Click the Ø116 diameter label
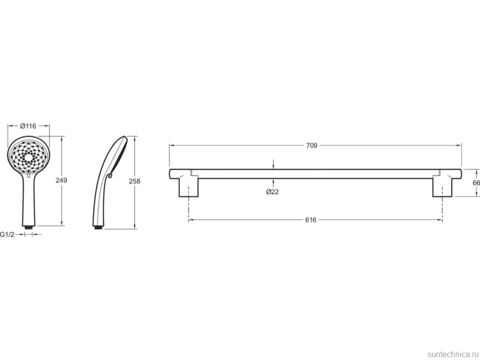click(x=28, y=126)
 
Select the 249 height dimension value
click(x=61, y=180)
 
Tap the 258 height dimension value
click(x=135, y=181)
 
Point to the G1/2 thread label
click(x=7, y=234)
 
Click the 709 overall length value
click(x=312, y=145)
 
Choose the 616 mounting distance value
click(x=311, y=220)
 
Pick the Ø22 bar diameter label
click(x=273, y=192)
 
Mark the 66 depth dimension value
click(x=477, y=183)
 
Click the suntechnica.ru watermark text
click(x=453, y=354)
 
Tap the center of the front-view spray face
click(x=29, y=158)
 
